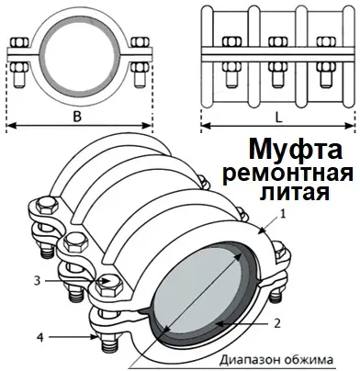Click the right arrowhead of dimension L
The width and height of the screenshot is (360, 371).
353,129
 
